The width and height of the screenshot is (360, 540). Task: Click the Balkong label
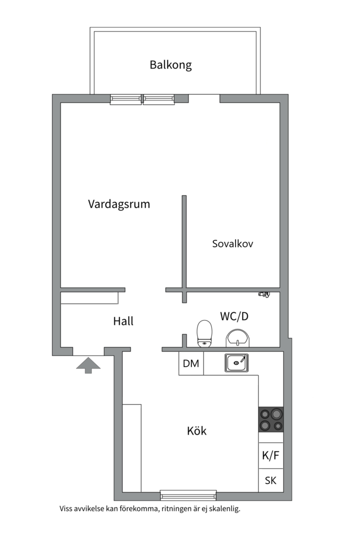pos(170,65)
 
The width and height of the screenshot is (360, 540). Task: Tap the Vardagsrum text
pos(119,204)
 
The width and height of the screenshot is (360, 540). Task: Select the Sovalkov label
pos(232,244)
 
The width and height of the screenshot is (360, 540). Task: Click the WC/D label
pos(234,316)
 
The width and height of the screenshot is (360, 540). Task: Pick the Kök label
pos(196,430)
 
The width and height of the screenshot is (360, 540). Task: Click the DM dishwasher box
pos(191,363)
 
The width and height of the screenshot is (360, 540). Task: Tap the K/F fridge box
pos(270,455)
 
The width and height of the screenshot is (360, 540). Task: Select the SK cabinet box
pos(270,480)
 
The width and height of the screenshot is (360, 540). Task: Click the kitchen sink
pos(236,362)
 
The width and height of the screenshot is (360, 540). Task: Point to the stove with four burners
pos(270,419)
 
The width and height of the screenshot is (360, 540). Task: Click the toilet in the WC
pos(204,333)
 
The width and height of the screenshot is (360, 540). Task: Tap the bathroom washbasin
pos(237,338)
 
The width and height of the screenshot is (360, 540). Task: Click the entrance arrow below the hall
pos(88,364)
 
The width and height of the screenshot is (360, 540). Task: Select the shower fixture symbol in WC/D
pos(263,294)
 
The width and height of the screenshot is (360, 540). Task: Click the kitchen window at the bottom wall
pos(188,495)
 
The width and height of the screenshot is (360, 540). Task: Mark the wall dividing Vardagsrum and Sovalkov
pos(184,240)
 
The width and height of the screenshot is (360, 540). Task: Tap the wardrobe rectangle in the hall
pos(89,298)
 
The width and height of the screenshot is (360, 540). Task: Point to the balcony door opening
pos(204,98)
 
